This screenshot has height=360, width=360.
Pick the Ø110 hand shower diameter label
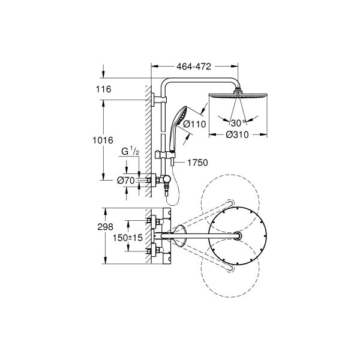(194, 124)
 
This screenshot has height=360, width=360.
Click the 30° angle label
(237, 123)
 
